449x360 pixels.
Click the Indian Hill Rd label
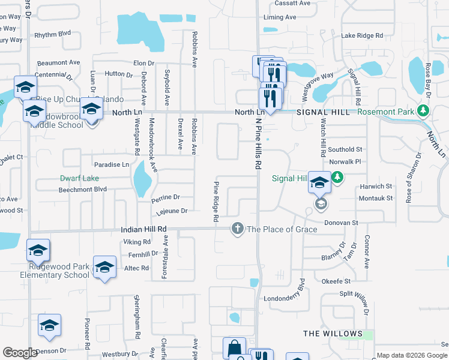tap(143, 229)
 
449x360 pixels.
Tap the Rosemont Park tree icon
tap(423, 111)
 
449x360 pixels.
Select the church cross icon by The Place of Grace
tap(238, 229)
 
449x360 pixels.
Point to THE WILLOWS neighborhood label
tap(333, 334)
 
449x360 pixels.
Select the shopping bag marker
tap(234, 348)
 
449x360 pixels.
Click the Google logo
tap(20, 353)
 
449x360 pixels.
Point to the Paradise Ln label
tap(112, 164)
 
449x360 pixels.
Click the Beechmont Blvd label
tap(82, 189)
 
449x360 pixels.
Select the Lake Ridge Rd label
tap(362, 36)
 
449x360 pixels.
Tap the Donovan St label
tap(341, 223)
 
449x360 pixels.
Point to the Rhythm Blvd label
tap(53, 34)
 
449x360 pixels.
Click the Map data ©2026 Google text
tap(412, 355)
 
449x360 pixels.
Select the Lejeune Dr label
tap(172, 211)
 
